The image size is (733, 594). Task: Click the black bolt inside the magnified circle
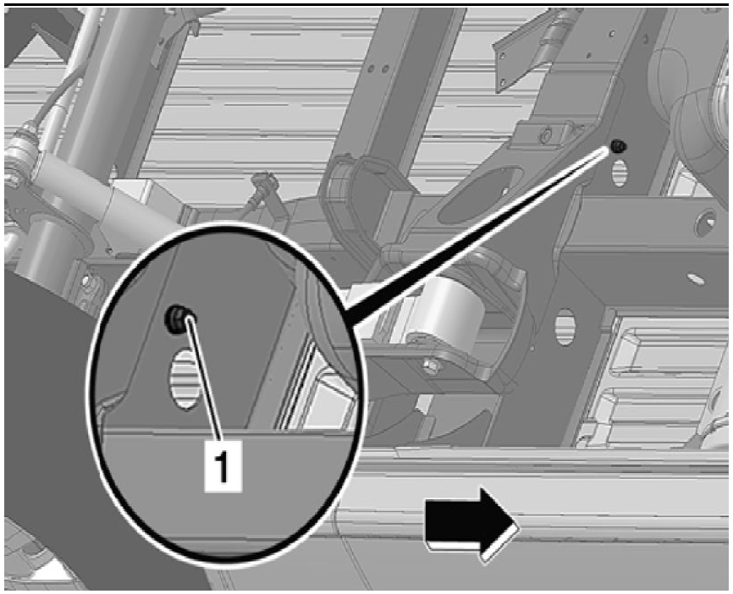[175, 317]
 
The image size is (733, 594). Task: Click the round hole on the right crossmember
[703, 223]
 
